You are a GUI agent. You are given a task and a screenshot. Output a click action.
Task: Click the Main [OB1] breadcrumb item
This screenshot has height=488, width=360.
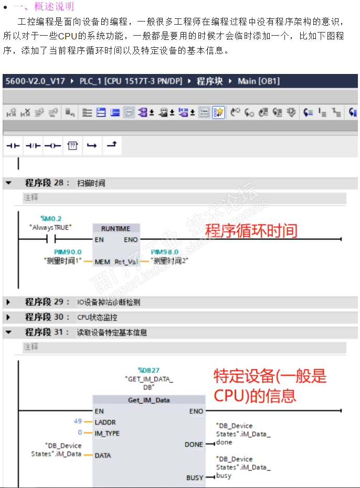point(259,81)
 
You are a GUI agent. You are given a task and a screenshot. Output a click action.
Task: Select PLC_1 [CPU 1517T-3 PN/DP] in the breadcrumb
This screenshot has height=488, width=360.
point(131,81)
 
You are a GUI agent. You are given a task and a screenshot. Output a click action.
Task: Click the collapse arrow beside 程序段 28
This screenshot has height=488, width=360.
point(8,183)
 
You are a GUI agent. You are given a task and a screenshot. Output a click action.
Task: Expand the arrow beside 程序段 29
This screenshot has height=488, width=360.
point(8,302)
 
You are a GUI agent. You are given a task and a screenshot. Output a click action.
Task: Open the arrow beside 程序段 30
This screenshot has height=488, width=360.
point(8,317)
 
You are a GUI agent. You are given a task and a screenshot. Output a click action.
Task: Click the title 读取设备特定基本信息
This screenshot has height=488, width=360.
point(112,333)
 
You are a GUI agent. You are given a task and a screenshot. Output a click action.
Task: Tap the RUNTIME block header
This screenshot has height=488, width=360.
point(115,229)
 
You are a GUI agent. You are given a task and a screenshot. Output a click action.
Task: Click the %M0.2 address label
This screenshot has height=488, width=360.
point(51,218)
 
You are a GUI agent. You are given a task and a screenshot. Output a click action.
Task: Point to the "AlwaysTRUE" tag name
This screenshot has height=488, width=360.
point(50,227)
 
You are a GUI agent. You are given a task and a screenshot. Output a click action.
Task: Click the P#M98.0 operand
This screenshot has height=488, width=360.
point(164,252)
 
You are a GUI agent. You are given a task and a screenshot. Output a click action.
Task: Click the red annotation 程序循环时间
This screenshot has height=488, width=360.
point(251,231)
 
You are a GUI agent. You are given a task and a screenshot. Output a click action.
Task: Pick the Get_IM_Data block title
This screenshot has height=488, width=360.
point(149,400)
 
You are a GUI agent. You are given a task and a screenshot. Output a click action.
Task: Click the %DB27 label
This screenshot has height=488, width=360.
point(149,370)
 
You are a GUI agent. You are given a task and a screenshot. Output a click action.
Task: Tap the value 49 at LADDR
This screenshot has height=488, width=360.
point(78,422)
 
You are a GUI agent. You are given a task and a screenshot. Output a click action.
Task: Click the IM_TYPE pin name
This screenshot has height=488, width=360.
point(107,433)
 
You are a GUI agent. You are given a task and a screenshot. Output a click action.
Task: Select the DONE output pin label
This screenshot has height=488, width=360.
point(194,444)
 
